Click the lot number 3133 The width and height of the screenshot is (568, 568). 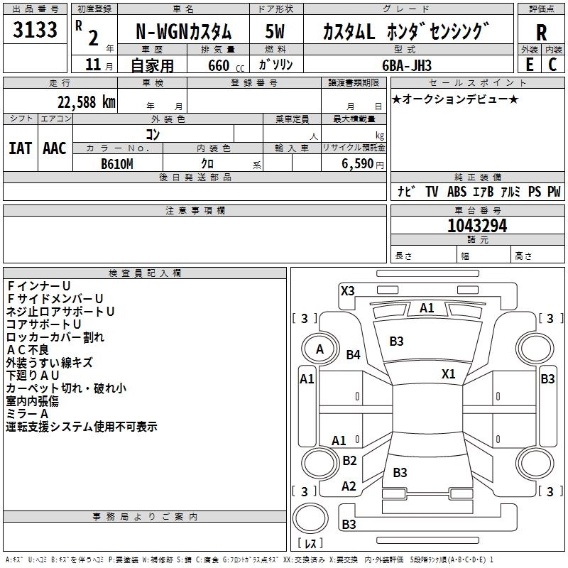pyautogui.click(x=35, y=32)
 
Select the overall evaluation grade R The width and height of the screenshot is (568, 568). pyautogui.click(x=542, y=33)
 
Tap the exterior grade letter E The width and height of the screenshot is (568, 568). pyautogui.click(x=529, y=64)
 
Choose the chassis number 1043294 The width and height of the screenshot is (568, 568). pyautogui.click(x=477, y=226)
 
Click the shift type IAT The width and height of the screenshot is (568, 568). pyautogui.click(x=20, y=148)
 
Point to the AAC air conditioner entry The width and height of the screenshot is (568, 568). pyautogui.click(x=55, y=148)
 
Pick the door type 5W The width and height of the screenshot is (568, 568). pyautogui.click(x=275, y=33)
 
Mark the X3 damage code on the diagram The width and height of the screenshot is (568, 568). pyautogui.click(x=348, y=290)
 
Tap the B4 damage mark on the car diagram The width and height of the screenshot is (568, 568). pyautogui.click(x=353, y=354)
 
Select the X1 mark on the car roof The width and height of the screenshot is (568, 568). pyautogui.click(x=448, y=374)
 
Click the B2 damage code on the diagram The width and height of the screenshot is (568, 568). pyautogui.click(x=349, y=461)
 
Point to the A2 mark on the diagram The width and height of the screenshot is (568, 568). pyautogui.click(x=349, y=486)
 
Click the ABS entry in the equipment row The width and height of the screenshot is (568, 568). pyautogui.click(x=457, y=192)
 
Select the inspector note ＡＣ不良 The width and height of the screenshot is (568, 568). pyautogui.click(x=28, y=349)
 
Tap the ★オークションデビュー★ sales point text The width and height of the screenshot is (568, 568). pyautogui.click(x=455, y=99)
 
